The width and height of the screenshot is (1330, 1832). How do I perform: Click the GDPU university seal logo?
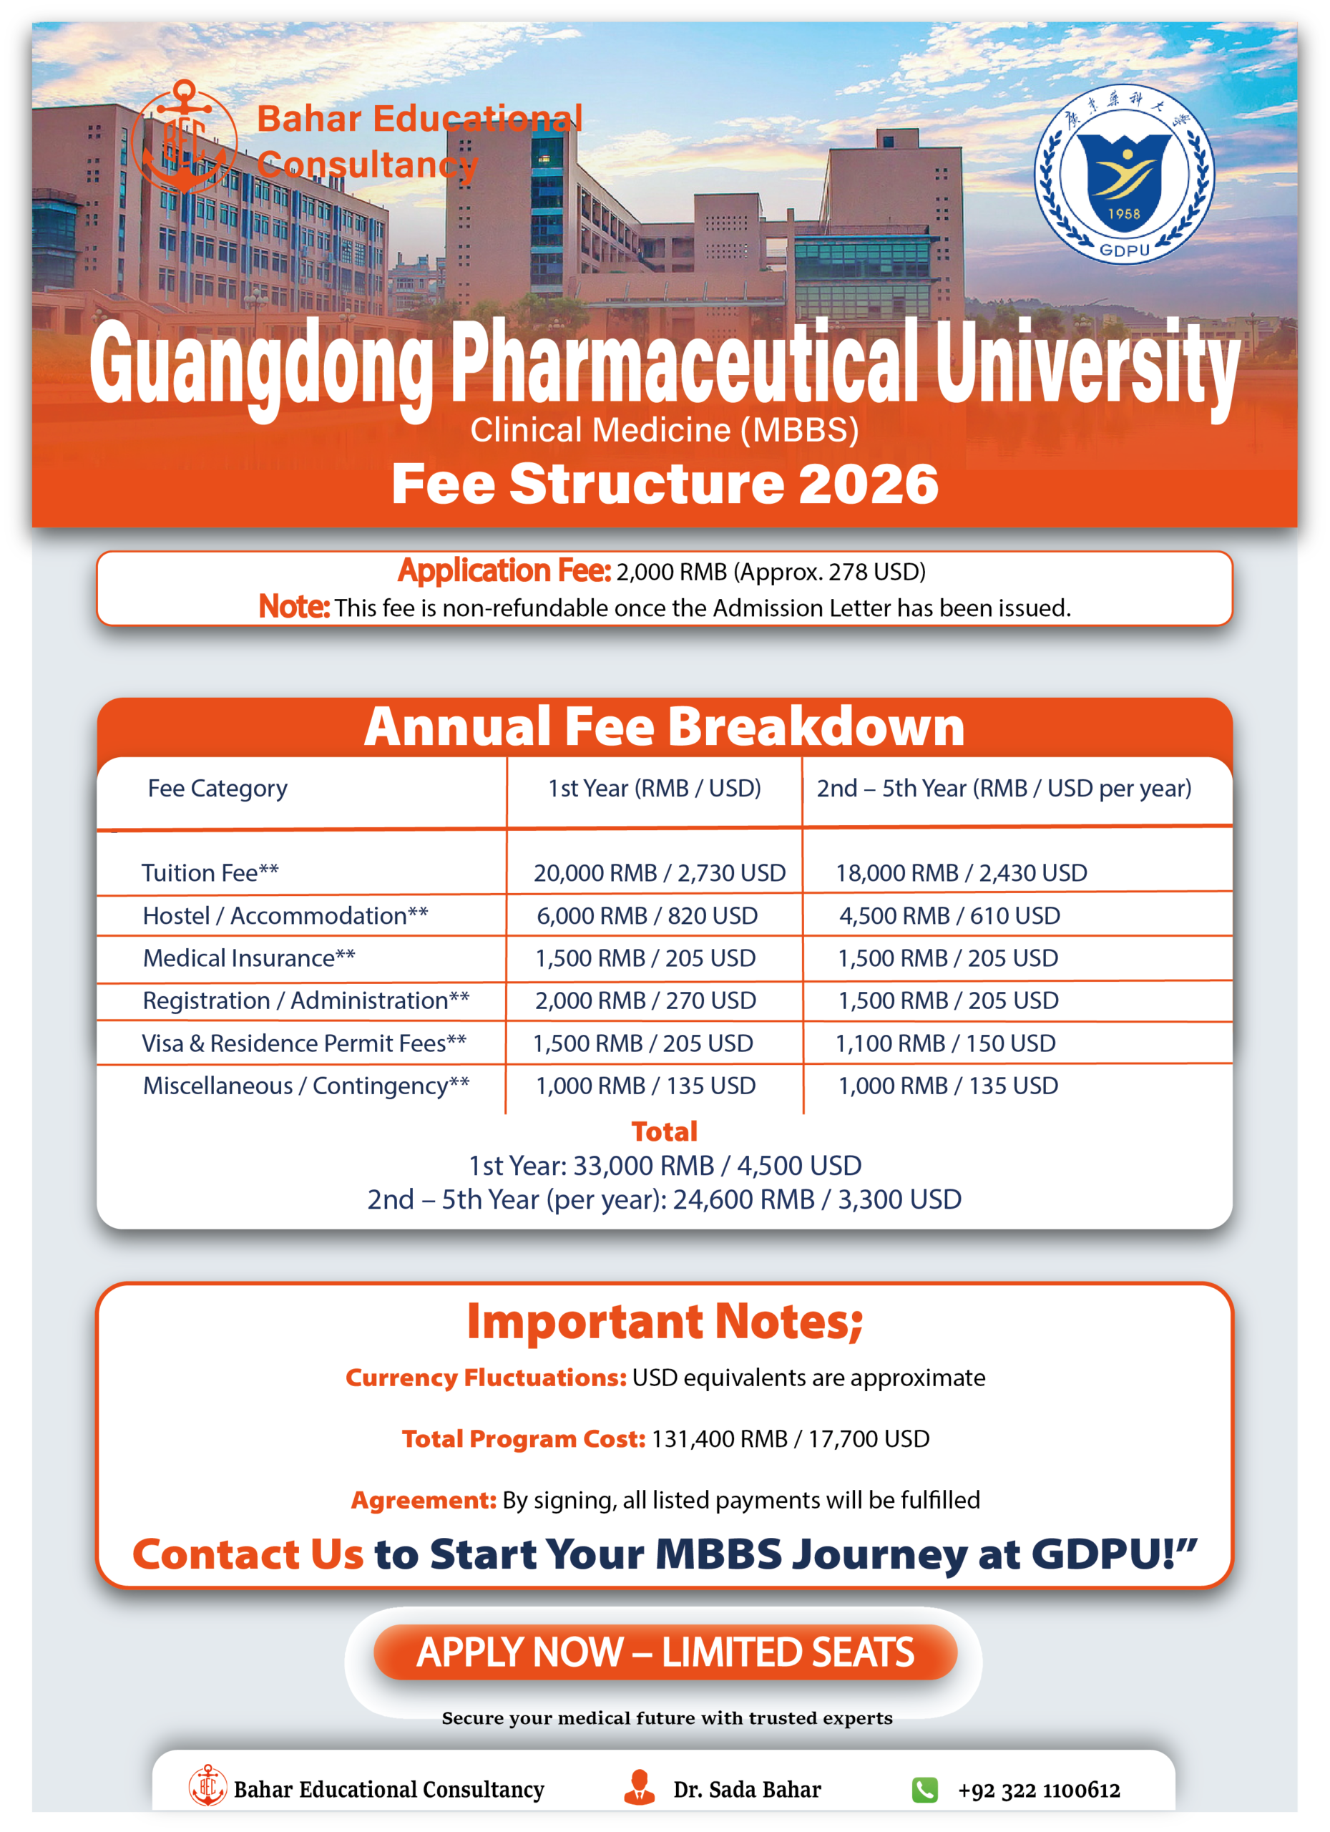click(x=1123, y=175)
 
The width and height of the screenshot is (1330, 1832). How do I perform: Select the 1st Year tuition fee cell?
click(x=659, y=872)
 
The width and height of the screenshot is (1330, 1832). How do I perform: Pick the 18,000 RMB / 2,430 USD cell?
click(x=961, y=872)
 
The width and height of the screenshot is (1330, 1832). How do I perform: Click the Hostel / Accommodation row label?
click(x=285, y=915)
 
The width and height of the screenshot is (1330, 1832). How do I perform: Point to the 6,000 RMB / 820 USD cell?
click(x=647, y=915)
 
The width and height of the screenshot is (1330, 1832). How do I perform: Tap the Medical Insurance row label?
click(x=249, y=958)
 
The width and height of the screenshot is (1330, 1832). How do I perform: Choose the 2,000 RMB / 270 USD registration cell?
click(x=645, y=1000)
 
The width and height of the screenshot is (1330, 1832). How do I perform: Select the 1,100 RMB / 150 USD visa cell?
click(x=945, y=1043)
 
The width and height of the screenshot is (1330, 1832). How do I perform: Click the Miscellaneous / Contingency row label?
click(x=305, y=1086)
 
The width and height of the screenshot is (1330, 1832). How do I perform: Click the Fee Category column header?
click(x=217, y=788)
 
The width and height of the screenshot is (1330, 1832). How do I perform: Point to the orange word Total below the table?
click(x=664, y=1131)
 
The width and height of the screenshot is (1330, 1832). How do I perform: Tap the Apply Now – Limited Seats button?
click(x=665, y=1652)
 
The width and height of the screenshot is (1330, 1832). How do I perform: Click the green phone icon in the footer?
click(x=924, y=1790)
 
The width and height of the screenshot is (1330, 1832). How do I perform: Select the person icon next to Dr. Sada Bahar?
click(x=640, y=1787)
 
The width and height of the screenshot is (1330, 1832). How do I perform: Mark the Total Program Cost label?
click(x=523, y=1438)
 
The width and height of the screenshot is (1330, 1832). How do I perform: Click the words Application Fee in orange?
click(x=504, y=571)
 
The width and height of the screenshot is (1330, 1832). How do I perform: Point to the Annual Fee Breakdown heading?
click(x=664, y=726)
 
